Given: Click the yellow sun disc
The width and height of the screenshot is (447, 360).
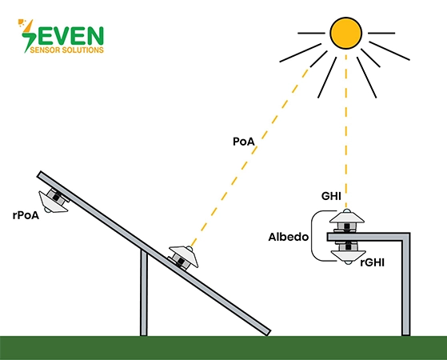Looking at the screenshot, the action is coord(345,33).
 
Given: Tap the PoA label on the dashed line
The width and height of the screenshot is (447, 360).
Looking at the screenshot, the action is coord(244,142).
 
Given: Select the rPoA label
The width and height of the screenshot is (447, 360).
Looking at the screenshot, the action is coord(26,215).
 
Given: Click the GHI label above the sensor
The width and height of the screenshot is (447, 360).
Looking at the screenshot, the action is coord(331,196).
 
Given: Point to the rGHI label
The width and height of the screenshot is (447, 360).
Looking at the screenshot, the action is coord(373,262).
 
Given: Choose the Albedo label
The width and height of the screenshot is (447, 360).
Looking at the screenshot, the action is coord(289,237).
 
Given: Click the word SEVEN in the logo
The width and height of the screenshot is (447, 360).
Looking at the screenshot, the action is coord(62,36).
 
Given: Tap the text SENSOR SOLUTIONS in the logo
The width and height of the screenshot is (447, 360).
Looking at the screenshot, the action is coord(66,50).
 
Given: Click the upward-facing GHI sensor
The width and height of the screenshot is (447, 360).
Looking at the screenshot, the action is coord(347,221).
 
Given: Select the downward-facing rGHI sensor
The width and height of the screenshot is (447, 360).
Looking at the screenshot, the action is coord(348,253).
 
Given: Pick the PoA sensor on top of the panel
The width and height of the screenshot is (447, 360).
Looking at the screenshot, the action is coord(183,257).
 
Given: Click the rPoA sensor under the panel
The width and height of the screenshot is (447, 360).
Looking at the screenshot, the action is coord(54,200).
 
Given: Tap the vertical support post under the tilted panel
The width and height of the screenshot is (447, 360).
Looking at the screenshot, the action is coord(144,292).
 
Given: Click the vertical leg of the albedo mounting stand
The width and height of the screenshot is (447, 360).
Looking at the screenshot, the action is coord(406,286).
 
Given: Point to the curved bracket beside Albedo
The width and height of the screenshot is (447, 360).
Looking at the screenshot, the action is coord(313,236).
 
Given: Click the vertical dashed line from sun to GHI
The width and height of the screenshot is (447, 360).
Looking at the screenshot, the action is coord(346,131).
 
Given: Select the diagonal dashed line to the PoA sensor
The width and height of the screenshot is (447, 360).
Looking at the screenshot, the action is coord(250,157).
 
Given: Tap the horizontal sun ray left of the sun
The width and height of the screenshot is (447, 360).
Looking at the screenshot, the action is coord(311,33).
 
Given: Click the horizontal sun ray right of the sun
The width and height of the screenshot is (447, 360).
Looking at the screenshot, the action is coord(381,33).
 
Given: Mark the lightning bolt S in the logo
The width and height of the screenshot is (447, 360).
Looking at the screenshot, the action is coord(29,36).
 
